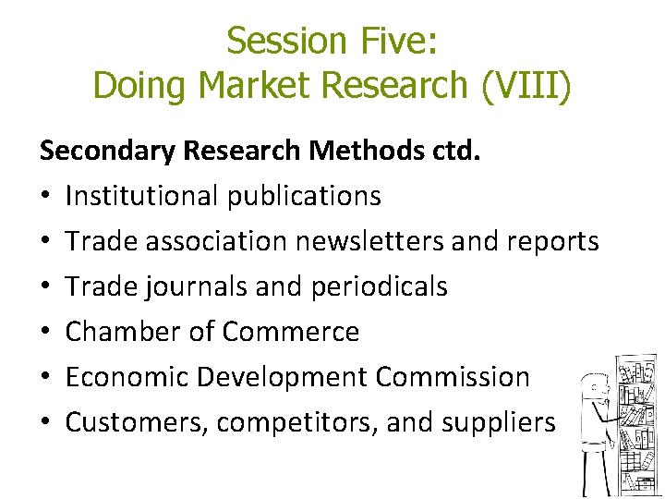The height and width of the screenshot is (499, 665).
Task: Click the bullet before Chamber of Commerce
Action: coord(46,332)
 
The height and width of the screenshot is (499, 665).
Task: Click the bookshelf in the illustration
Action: coord(637,425)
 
